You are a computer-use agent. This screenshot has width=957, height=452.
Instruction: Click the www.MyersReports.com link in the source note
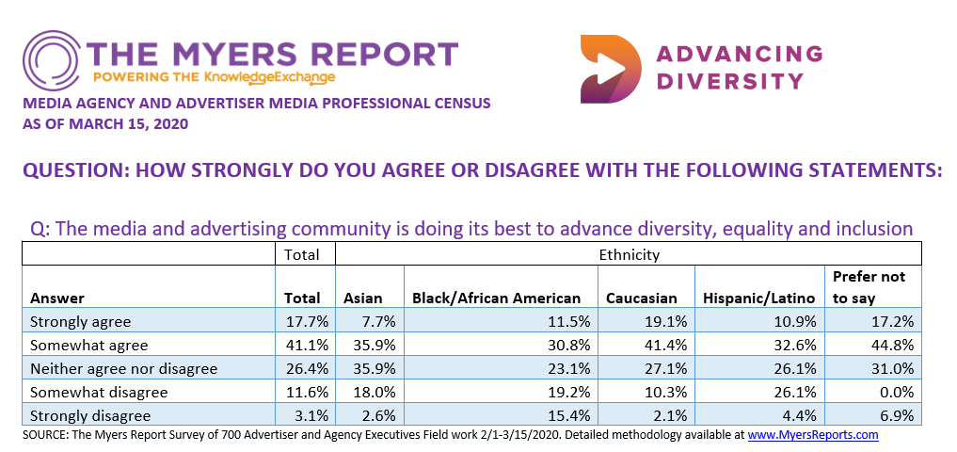point(813,435)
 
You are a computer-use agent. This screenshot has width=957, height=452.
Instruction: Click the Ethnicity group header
point(629,254)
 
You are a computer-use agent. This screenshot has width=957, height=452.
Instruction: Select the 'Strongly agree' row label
point(81,322)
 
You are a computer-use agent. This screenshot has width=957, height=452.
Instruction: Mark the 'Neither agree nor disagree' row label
point(123,368)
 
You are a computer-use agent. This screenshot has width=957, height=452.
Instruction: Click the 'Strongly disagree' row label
point(89,414)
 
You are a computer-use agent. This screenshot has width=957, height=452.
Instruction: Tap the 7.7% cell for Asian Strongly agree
point(378,322)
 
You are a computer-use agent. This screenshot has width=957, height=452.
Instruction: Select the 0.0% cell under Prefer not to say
point(895,392)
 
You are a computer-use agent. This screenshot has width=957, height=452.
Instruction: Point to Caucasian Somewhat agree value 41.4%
point(667,346)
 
